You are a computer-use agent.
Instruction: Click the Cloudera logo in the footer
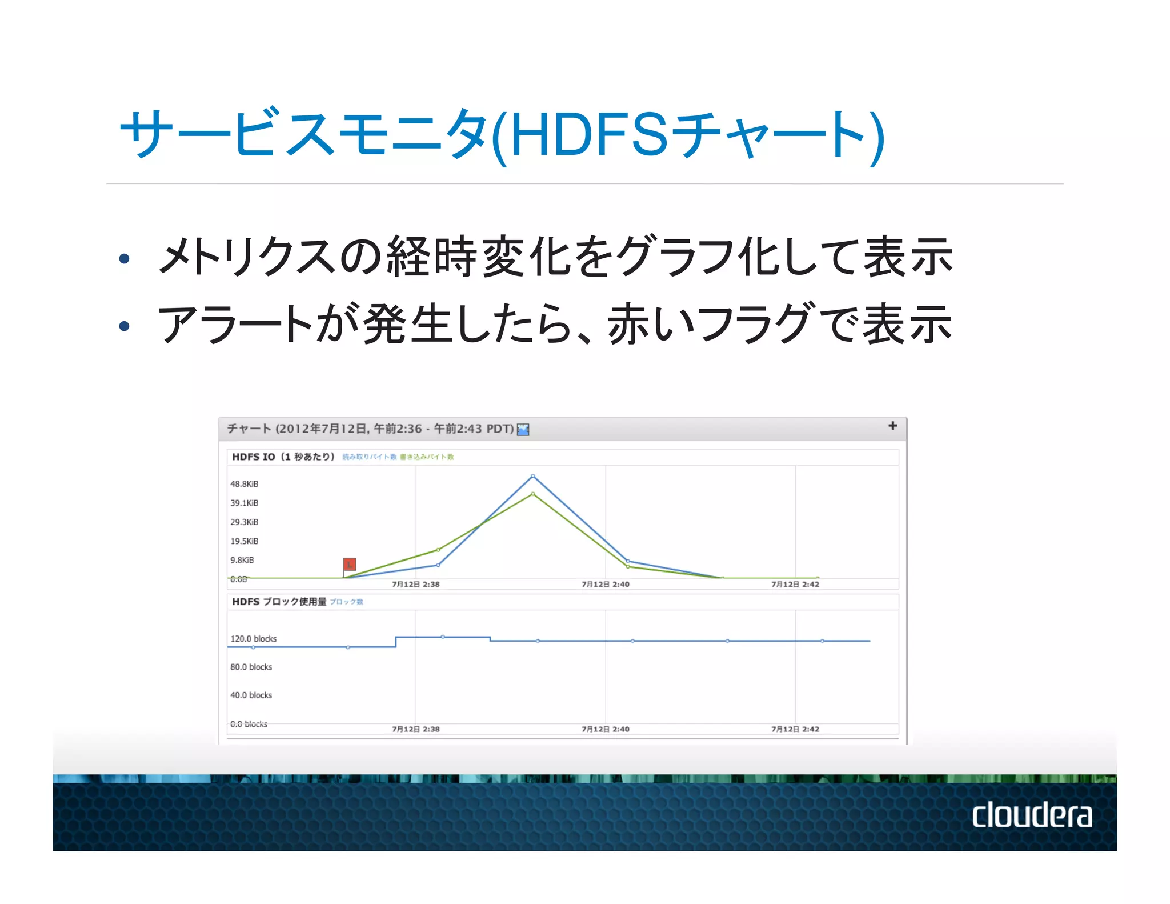coord(1032,815)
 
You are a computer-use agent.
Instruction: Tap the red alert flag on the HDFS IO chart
coord(350,564)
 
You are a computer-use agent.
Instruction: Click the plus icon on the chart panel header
coord(892,426)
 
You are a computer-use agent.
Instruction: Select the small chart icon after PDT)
coord(523,429)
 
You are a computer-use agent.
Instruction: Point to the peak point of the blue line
coord(533,476)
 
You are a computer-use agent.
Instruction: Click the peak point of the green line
coord(533,494)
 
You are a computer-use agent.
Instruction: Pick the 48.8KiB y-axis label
coord(245,484)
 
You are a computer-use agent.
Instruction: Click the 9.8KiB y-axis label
coord(242,560)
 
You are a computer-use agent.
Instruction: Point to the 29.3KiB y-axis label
coord(245,522)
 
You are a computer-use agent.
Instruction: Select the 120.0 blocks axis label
coord(254,639)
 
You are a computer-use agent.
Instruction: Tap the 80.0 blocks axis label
coord(251,667)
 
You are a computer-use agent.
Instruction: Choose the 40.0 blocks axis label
coord(251,695)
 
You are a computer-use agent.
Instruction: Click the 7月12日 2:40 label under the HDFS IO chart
coord(606,584)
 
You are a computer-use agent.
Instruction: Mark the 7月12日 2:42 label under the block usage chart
coord(795,729)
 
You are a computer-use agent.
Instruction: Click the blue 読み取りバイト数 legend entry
coord(370,457)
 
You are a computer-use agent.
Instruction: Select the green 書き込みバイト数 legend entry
coord(427,457)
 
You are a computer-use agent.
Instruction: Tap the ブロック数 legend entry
coord(347,602)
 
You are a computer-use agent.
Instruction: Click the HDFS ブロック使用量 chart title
coord(279,602)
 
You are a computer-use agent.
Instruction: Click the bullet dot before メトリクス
coord(124,259)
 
